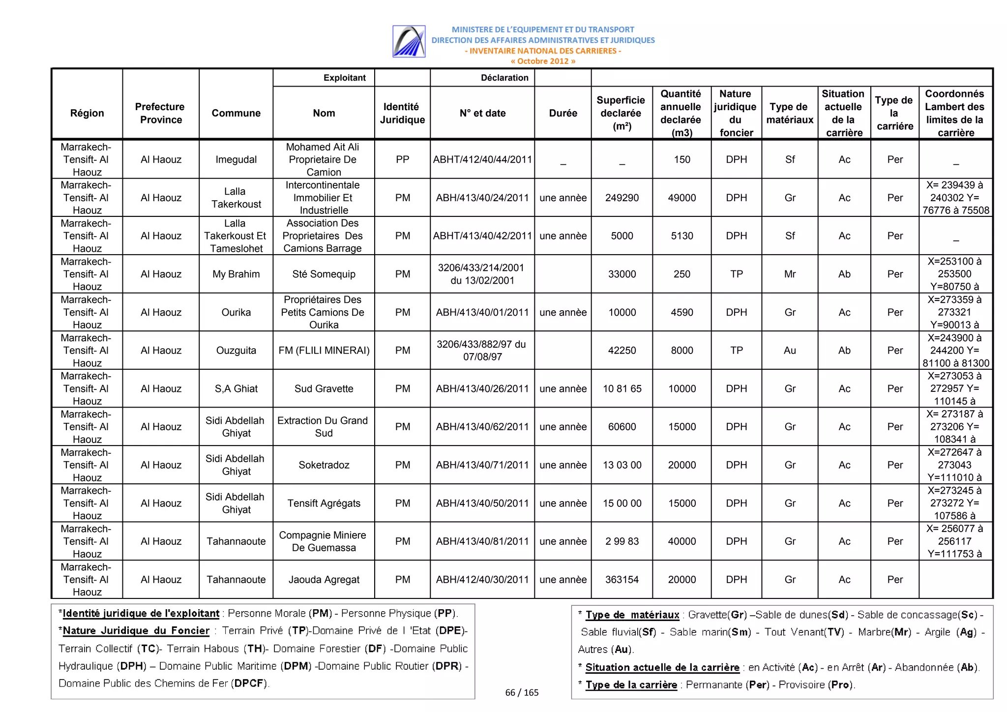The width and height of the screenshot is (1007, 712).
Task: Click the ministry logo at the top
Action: [x=409, y=42]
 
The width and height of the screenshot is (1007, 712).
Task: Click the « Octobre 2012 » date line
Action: [x=542, y=61]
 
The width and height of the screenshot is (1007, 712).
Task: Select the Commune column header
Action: [x=236, y=113]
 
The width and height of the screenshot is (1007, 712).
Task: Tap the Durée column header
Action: [x=563, y=113]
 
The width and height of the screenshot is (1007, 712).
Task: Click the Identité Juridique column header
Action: [x=402, y=113]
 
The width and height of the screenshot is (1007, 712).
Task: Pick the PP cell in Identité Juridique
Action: [x=402, y=159]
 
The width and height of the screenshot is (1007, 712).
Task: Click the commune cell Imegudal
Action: [x=236, y=159]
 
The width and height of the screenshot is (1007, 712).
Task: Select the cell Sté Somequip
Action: [x=324, y=274]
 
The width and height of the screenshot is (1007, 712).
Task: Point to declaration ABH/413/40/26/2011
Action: [x=482, y=388]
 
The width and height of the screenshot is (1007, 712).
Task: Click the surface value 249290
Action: [x=622, y=198]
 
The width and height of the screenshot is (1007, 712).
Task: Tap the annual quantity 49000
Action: [x=681, y=198]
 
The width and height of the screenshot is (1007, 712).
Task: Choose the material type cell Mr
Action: [x=790, y=274]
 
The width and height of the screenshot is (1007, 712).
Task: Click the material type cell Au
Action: [x=790, y=350]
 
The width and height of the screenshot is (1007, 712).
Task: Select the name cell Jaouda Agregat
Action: [x=324, y=579]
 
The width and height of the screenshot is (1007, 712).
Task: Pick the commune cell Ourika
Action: [x=236, y=312]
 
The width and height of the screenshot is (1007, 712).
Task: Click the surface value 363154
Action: [x=622, y=579]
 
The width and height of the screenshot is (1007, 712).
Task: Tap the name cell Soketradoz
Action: [x=324, y=465]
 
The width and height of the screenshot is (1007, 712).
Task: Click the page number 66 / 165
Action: [x=522, y=692]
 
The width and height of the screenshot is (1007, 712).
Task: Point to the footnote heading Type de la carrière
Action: [x=631, y=684]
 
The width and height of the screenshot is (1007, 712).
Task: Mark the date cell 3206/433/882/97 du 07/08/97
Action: [x=482, y=350]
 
